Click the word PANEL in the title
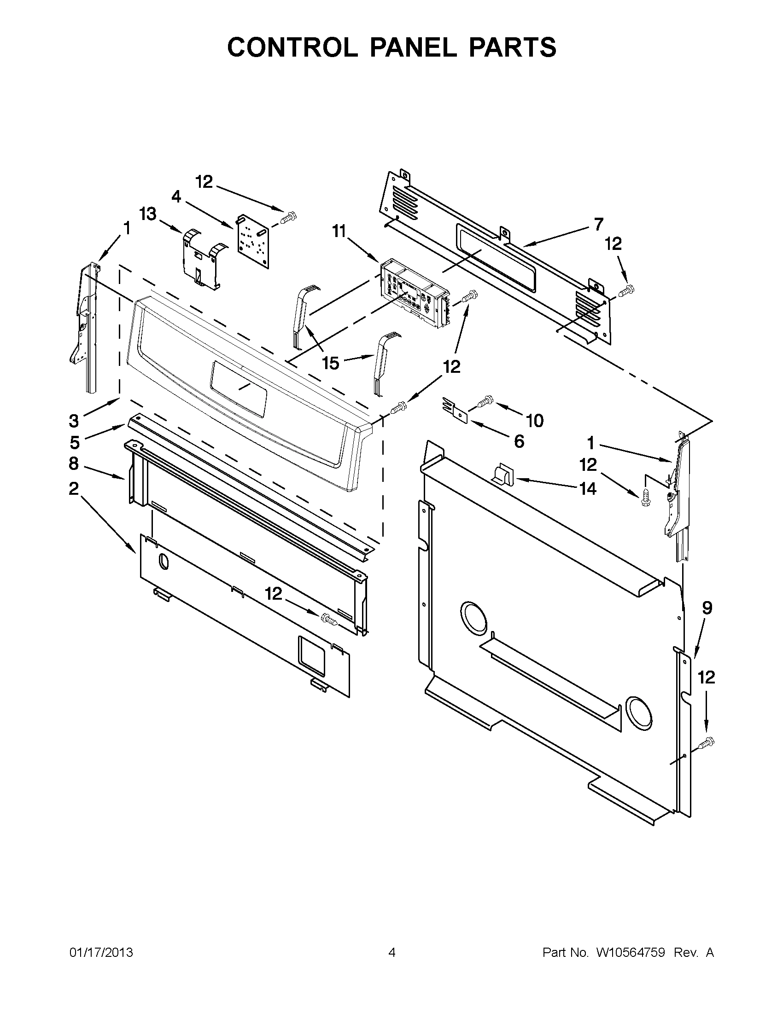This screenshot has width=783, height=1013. point(413,47)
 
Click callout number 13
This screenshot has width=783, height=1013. point(148,215)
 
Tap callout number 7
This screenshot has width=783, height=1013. point(599,224)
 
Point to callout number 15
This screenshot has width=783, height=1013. point(331,363)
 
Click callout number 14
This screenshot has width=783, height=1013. point(588,488)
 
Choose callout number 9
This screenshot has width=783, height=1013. point(707,608)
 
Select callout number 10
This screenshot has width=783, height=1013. point(535,421)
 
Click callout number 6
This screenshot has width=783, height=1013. point(519,441)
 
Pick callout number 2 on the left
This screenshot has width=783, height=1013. point(74,488)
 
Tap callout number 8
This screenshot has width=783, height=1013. point(74,463)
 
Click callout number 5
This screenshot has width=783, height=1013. point(75,442)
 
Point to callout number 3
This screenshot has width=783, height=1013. point(74,421)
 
